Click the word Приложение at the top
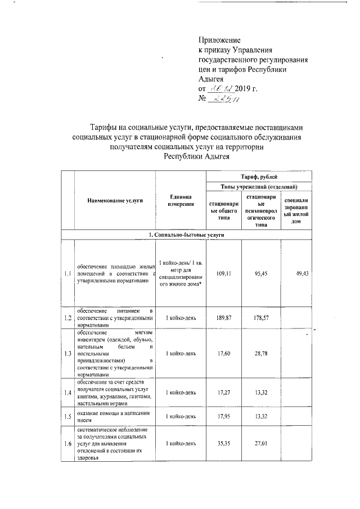click(x=219, y=40)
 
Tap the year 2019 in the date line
click(x=244, y=89)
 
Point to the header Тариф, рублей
click(x=259, y=177)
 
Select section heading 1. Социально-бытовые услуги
click(x=187, y=234)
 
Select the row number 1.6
click(x=67, y=444)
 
